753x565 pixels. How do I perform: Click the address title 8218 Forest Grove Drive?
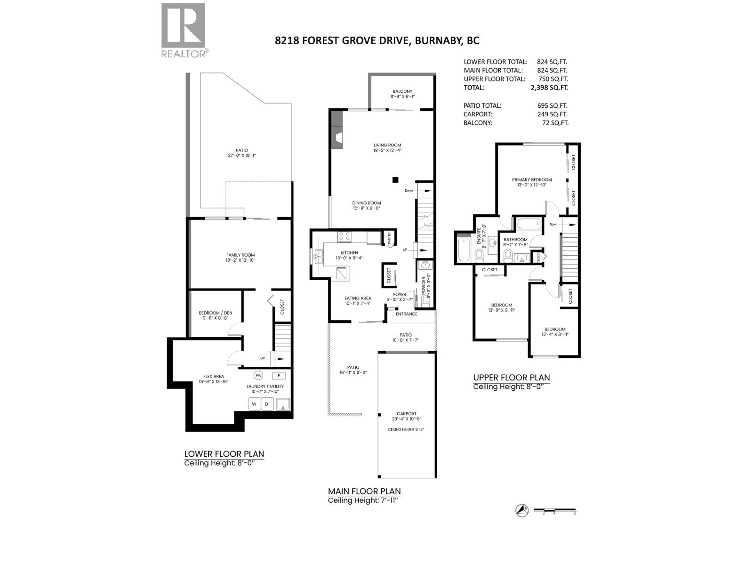[x=377, y=40]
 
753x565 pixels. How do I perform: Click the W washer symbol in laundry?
[x=254, y=404]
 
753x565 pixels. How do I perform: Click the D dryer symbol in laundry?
[x=267, y=404]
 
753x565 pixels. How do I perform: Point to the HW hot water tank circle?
[x=258, y=375]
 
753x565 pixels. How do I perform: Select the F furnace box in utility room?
[x=279, y=375]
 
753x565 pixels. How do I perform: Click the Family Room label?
[x=240, y=255]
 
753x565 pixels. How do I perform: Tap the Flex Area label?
[x=214, y=376]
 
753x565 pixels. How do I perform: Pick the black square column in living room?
[x=396, y=179]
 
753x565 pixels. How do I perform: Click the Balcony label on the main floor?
[x=402, y=91]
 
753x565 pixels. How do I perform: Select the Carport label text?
[x=407, y=414]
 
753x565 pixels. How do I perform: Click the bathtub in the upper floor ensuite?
[x=463, y=250]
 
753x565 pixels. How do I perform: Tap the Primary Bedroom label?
[x=532, y=179]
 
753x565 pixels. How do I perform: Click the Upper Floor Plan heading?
[x=511, y=377]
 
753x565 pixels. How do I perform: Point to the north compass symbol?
[x=521, y=510]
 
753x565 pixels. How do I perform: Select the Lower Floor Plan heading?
[x=224, y=454]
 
